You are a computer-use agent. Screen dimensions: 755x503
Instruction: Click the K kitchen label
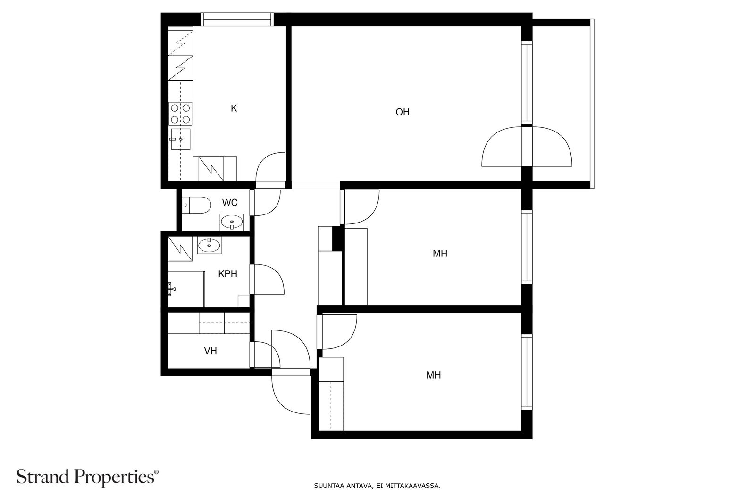234,108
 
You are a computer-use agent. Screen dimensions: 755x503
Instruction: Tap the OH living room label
403,112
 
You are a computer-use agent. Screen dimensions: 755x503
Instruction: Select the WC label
230,203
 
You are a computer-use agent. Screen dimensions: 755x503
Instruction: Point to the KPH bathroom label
228,274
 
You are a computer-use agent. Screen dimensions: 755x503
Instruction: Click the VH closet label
210,351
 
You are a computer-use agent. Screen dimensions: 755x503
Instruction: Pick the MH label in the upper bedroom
440,254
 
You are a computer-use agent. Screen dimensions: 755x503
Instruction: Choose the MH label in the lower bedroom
434,375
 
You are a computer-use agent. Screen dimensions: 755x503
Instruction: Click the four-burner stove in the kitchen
180,114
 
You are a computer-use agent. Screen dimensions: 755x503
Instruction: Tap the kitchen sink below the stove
180,139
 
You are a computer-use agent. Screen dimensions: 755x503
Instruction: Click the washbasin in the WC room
232,222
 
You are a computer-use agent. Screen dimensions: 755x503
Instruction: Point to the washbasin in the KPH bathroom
210,245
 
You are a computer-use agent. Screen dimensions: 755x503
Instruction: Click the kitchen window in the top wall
237,19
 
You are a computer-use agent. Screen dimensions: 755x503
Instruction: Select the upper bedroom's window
527,247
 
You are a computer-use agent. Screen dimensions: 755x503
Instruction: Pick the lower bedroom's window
527,372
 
